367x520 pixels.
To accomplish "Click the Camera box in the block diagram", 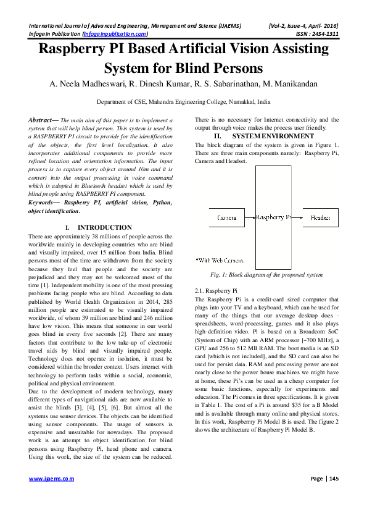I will click(x=227, y=218).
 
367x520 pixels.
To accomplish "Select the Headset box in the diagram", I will click(x=320, y=218).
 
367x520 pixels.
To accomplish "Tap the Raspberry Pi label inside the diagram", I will click(x=273, y=217).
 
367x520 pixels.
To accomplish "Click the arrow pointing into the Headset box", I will click(x=297, y=218).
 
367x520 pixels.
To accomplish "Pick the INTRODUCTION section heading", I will click(x=104, y=228).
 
